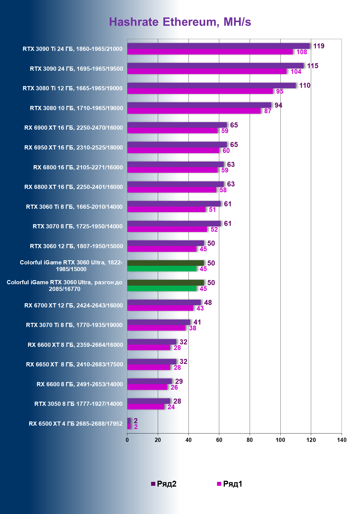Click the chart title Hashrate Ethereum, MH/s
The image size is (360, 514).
point(180,22)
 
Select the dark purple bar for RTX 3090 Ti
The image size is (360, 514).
point(218,46)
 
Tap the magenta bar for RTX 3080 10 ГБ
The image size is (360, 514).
point(194,111)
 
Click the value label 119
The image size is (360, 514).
point(319,46)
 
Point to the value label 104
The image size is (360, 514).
point(296,72)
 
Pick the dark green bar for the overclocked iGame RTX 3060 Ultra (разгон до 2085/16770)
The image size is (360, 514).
point(165,283)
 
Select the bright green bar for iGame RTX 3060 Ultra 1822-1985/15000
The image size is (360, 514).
point(162,269)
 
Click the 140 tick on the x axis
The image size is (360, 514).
point(342,440)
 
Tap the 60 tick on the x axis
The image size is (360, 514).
point(219,440)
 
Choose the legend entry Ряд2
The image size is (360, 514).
point(164,484)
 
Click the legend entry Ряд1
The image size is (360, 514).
point(230,484)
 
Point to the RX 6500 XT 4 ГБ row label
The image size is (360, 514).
point(75,424)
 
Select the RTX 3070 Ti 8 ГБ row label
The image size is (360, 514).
point(74,325)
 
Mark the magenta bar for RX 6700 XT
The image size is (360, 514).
point(160,308)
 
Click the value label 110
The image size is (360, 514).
point(305,86)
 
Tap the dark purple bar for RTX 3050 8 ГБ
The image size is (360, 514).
point(149,401)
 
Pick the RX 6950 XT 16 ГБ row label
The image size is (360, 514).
point(73,148)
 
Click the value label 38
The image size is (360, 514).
point(192,328)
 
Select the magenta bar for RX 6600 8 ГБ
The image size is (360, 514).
point(147,387)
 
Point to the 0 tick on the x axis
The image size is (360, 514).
point(127,440)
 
